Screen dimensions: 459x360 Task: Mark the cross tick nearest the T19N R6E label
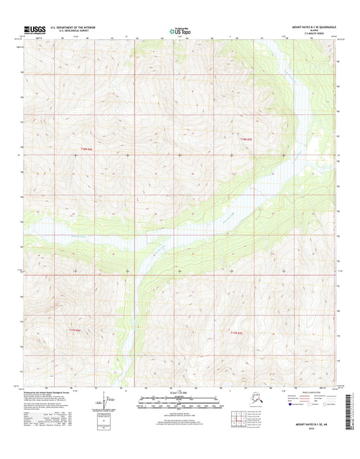click(75, 156)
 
